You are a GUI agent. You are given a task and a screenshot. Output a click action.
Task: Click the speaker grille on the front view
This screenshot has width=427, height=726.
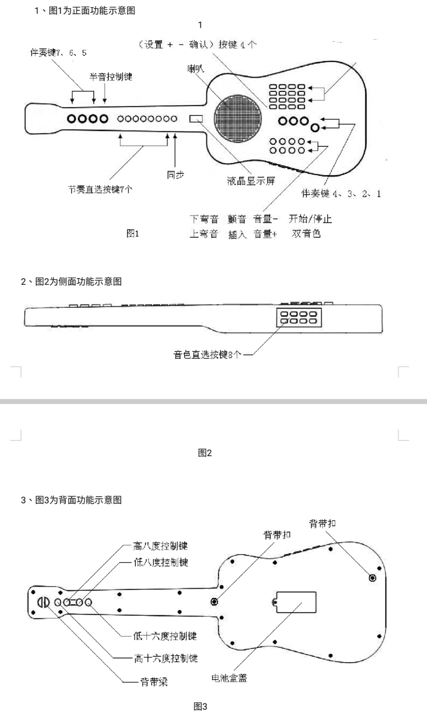pyautogui.click(x=238, y=119)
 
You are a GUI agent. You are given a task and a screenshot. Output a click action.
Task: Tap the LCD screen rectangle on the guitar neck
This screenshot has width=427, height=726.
pyautogui.click(x=196, y=119)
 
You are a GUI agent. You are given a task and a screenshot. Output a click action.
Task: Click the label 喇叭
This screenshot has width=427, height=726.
pyautogui.click(x=195, y=69)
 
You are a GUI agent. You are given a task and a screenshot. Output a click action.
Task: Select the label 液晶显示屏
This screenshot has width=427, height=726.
pyautogui.click(x=251, y=181)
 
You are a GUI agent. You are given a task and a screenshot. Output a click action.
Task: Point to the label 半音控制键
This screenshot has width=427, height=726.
pyautogui.click(x=111, y=77)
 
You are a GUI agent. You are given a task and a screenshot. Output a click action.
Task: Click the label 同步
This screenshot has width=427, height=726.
pyautogui.click(x=175, y=175)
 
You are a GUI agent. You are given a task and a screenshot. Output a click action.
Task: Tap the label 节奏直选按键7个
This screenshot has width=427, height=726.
pyautogui.click(x=100, y=189)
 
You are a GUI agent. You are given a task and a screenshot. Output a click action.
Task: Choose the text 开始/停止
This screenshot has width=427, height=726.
pyautogui.click(x=310, y=219)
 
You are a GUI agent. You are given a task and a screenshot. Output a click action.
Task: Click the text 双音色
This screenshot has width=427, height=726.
pyautogui.click(x=306, y=234)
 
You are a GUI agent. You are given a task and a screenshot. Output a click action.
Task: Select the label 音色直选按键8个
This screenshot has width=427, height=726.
pyautogui.click(x=207, y=355)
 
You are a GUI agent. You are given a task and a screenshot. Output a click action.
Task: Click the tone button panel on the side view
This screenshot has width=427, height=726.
pyautogui.click(x=299, y=318)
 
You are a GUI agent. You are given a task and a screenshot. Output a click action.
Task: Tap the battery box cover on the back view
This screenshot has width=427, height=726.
pyautogui.click(x=296, y=602)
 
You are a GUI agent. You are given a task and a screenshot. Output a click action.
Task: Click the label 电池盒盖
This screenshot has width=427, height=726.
pyautogui.click(x=229, y=678)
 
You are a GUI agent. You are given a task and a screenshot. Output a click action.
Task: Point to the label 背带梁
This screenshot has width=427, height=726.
pyautogui.click(x=154, y=682)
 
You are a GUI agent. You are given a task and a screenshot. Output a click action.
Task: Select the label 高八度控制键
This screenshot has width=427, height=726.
pyautogui.click(x=160, y=546)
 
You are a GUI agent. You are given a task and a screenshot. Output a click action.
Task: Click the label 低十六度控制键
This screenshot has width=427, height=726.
pyautogui.click(x=165, y=636)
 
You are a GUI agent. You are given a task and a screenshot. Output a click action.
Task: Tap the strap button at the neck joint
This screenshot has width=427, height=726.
pyautogui.click(x=214, y=602)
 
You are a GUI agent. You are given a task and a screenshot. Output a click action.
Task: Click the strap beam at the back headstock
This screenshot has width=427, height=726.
pyautogui.click(x=43, y=602)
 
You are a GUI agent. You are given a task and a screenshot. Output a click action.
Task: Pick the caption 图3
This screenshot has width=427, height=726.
pyautogui.click(x=200, y=706)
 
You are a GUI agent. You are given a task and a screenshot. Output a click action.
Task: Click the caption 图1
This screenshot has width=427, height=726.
pyautogui.click(x=133, y=234)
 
